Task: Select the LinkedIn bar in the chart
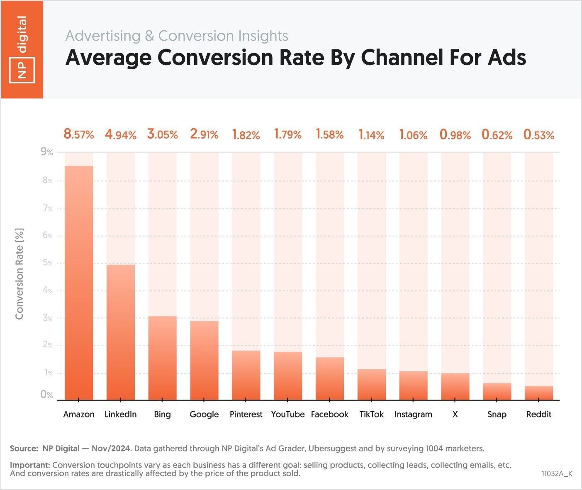(x=121, y=332)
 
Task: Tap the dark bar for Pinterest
(x=246, y=375)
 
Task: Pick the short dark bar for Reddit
(x=539, y=393)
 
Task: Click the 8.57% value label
(x=79, y=134)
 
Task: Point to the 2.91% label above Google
(x=204, y=134)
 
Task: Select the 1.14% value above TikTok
(x=371, y=135)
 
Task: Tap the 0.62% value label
(x=497, y=135)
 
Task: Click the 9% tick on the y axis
(x=47, y=152)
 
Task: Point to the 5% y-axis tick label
(x=47, y=263)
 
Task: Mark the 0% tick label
(x=46, y=395)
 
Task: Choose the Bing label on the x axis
(x=162, y=414)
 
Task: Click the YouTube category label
(x=288, y=414)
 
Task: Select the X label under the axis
(x=455, y=414)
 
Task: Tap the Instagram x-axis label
(x=413, y=414)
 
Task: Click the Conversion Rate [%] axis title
(x=19, y=274)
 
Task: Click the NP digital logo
(x=22, y=49)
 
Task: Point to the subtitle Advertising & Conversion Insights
(x=177, y=36)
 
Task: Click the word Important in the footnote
(x=29, y=465)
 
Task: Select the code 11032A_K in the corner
(x=557, y=474)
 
